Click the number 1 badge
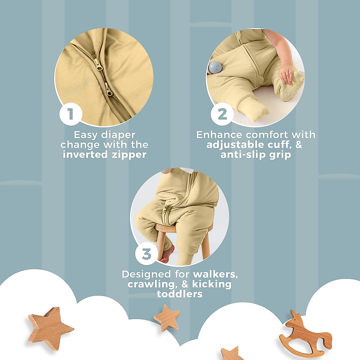click(71, 114)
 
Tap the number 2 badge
click(222, 114)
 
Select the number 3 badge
click(146, 254)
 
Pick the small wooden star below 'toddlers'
click(167, 318)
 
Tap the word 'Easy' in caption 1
click(85, 135)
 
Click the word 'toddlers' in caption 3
click(179, 294)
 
